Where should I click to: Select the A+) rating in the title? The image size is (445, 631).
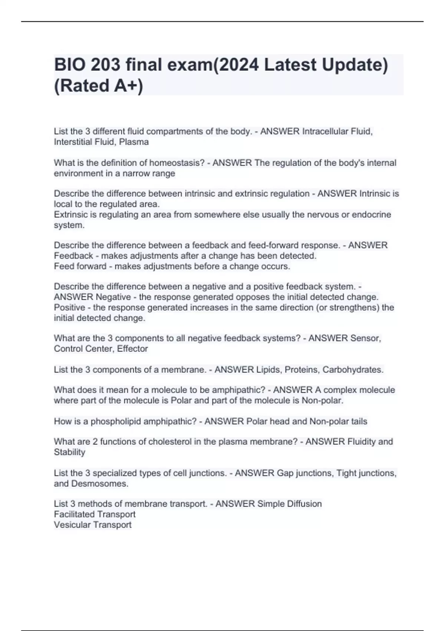coord(126,86)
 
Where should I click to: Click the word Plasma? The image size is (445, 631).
coord(134,142)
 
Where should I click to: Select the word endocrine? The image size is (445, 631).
coord(373,215)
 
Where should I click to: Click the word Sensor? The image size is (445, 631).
coord(365,338)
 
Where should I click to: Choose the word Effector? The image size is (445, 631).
coord(132,349)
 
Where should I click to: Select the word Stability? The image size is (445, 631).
coord(70,452)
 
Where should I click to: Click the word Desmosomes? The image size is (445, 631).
coord(99,484)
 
